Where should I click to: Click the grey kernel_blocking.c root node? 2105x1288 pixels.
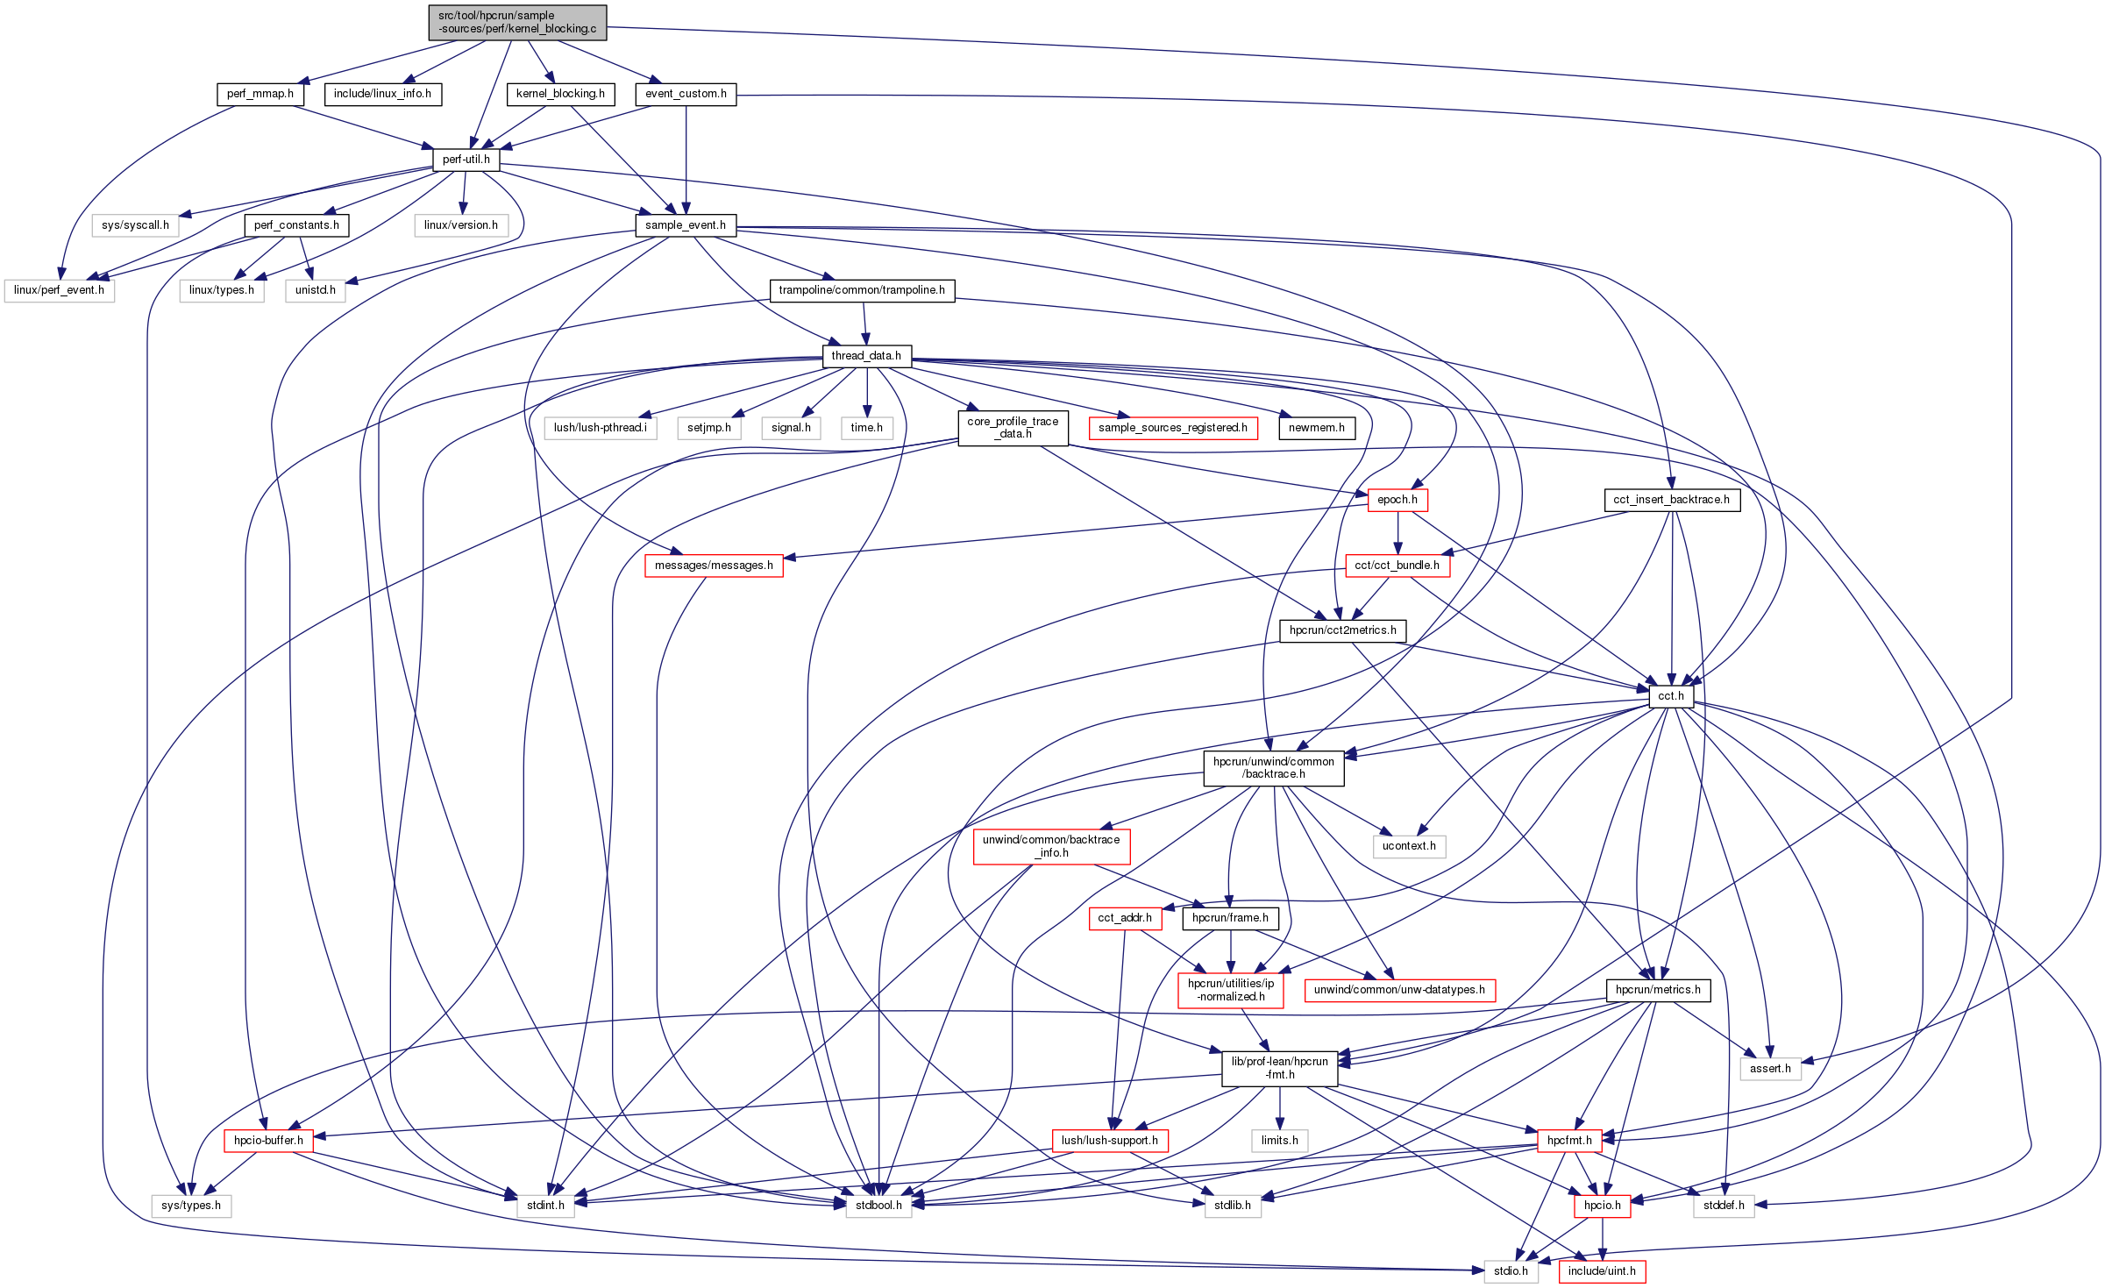coord(517,22)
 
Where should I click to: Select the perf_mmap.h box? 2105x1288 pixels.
coord(260,94)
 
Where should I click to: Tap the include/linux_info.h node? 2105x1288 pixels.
coord(382,94)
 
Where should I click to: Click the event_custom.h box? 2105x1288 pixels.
coord(686,94)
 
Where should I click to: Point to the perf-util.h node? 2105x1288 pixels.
coord(466,160)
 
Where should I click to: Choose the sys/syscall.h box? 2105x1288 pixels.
coord(135,225)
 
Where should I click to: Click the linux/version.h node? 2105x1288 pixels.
coord(461,225)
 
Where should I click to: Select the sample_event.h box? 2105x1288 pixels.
coord(686,225)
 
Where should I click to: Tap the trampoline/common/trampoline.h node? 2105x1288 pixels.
coord(862,290)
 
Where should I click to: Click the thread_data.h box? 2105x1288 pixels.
coord(866,356)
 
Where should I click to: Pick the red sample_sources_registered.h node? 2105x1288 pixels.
coord(1173,428)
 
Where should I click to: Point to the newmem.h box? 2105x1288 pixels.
coord(1317,428)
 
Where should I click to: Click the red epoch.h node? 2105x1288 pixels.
coord(1397,500)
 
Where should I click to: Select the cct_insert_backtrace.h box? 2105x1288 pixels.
coord(1672,500)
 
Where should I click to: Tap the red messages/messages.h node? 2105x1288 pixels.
coord(714,566)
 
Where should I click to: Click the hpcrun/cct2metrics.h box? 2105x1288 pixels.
coord(1343,630)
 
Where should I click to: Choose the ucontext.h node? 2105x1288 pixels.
coord(1409,846)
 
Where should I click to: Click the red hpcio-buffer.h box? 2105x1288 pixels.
coord(268,1141)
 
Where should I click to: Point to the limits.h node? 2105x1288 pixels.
coord(1280,1141)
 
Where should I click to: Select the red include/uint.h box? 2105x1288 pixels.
coord(1602,1271)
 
